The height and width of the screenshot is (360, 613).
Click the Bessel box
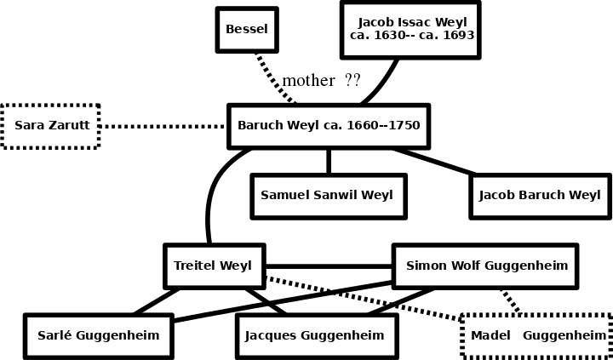tap(246, 30)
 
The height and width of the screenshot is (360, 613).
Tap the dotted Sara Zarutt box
tap(51, 126)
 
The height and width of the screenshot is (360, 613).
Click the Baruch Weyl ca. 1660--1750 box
tap(328, 126)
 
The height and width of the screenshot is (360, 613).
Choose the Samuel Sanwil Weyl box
tap(328, 196)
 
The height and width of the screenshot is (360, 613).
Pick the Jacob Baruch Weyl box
tap(540, 196)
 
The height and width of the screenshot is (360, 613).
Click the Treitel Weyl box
tap(214, 266)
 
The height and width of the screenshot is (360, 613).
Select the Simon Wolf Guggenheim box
tap(485, 266)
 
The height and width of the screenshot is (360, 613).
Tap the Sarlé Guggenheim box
tap(99, 335)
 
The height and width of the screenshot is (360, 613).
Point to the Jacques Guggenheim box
tap(315, 335)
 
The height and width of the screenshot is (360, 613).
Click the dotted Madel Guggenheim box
tap(537, 336)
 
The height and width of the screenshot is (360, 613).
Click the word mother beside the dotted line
tap(308, 81)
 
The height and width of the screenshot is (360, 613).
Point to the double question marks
tap(352, 81)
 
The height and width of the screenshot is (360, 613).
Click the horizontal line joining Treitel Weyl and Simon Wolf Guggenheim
tap(328, 266)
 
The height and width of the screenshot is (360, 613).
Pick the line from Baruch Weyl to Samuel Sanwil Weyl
tap(328, 161)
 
